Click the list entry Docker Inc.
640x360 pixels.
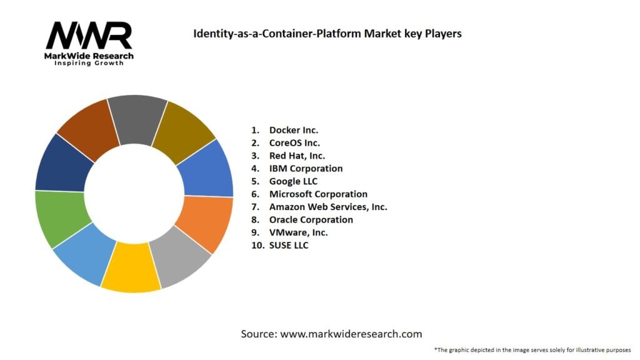pos(293,130)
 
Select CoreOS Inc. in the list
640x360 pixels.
pos(294,143)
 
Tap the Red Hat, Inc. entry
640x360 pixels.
pos(297,156)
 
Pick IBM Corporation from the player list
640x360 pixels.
pos(306,168)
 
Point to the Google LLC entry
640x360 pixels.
pos(293,181)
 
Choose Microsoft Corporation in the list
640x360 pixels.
pos(318,194)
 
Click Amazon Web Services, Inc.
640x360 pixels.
pos(328,207)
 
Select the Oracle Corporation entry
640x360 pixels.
pos(311,219)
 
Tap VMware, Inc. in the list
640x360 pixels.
pos(298,232)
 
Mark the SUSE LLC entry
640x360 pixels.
pos(289,245)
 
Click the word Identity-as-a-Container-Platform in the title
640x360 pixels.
pos(269,33)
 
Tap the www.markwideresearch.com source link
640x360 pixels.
pos(351,334)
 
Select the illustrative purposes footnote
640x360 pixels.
pos(532,349)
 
